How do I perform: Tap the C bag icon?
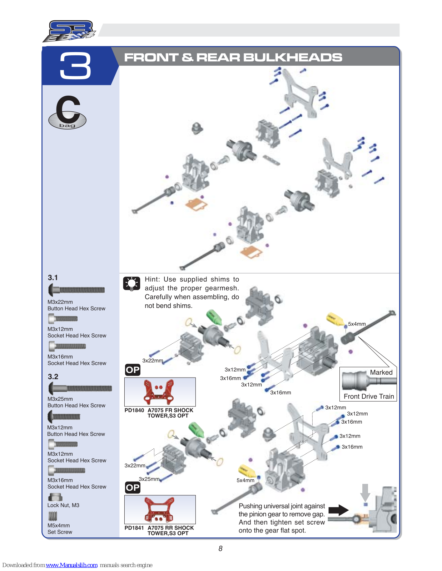[68, 112]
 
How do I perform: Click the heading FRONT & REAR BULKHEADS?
[233, 57]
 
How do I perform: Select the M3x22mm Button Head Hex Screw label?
[76, 305]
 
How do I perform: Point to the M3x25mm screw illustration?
[80, 388]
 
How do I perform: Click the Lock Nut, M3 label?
[63, 505]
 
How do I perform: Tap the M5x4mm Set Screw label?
[60, 529]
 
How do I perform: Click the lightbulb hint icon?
[131, 283]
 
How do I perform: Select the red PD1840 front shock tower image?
[159, 391]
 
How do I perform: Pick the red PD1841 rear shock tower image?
[159, 509]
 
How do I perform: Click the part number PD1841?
[134, 528]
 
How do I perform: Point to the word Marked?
[381, 372]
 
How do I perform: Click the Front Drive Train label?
[369, 396]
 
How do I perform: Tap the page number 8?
[220, 549]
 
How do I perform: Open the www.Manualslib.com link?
[72, 565]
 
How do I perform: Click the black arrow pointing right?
[338, 510]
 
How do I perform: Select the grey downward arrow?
[365, 492]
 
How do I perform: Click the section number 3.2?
[53, 377]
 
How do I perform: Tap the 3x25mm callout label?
[149, 479]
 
